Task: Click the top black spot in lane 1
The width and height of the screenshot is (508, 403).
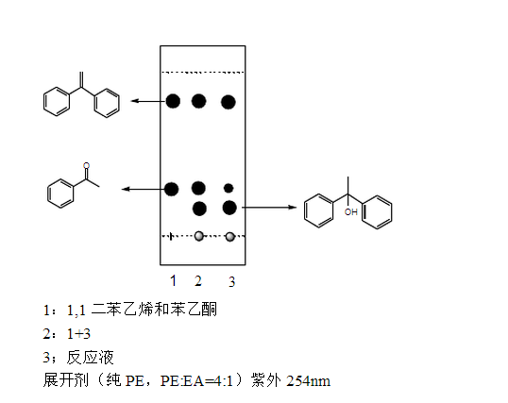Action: tap(173, 101)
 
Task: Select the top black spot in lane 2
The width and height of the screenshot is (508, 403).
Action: tap(198, 101)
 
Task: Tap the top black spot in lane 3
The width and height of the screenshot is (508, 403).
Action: tap(229, 102)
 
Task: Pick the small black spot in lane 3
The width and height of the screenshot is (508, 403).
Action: tap(229, 188)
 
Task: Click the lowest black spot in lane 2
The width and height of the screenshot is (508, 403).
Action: tap(199, 209)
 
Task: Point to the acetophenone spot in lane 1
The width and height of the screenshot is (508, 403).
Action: tap(172, 189)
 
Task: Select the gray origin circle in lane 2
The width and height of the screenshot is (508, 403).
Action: tap(199, 236)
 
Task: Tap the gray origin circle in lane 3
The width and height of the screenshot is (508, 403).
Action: tap(230, 237)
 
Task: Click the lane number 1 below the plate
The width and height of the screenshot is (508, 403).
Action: tap(174, 280)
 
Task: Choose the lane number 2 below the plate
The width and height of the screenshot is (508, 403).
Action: tap(198, 281)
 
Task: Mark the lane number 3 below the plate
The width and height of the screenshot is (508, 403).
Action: tap(231, 282)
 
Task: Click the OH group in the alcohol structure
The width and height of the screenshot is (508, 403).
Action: tap(351, 212)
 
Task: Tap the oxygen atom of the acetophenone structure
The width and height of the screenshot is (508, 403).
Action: tap(86, 166)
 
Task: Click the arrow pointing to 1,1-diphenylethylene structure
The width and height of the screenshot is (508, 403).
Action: tap(148, 101)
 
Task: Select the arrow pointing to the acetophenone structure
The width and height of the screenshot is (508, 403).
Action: tap(143, 189)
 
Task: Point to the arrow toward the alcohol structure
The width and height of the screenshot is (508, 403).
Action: tap(269, 207)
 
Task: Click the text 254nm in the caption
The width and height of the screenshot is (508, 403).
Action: tap(308, 381)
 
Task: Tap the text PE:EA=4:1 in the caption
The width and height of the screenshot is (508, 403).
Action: tap(196, 381)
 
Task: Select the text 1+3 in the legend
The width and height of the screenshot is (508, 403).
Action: tap(78, 334)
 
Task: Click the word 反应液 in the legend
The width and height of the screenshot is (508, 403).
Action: tap(90, 358)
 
